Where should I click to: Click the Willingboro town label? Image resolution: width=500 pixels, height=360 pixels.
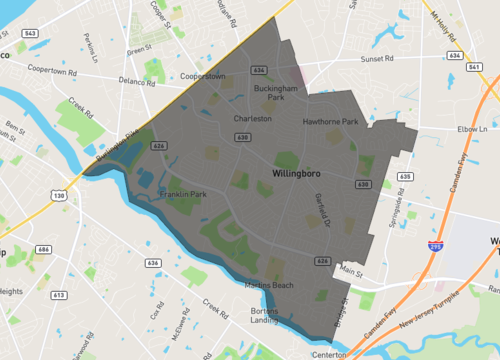(300, 173)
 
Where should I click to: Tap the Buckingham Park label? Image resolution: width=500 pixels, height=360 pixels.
(270, 93)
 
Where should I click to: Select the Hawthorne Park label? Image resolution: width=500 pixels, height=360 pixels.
(330, 122)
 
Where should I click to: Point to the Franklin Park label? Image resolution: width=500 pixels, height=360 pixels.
(181, 194)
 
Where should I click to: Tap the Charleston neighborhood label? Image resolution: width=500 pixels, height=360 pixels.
(252, 118)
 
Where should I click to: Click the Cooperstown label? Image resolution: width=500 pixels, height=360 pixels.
(202, 75)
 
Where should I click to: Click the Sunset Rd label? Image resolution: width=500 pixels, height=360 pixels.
(379, 58)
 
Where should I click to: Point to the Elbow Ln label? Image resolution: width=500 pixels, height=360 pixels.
(471, 129)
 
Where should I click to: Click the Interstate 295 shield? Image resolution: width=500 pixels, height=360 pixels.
(436, 243)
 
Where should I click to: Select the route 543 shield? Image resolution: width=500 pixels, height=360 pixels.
(31, 33)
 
